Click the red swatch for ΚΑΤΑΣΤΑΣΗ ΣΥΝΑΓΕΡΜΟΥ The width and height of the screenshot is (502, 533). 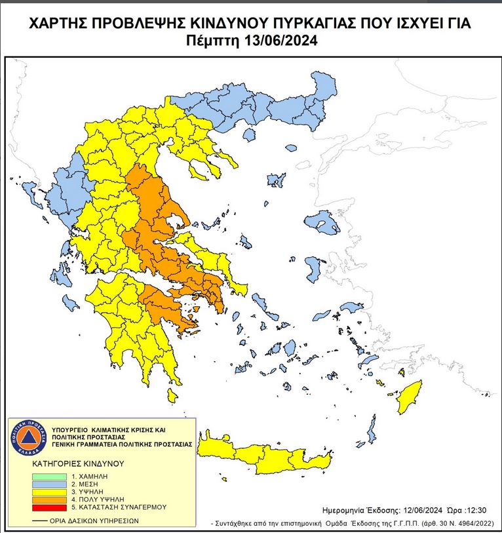(x=50, y=507)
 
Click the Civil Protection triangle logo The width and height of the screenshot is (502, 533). (x=27, y=439)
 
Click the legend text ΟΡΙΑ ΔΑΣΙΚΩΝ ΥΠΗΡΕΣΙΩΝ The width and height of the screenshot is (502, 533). (x=92, y=521)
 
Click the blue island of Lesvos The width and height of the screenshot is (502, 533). (x=325, y=225)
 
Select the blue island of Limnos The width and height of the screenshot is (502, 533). (x=277, y=179)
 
